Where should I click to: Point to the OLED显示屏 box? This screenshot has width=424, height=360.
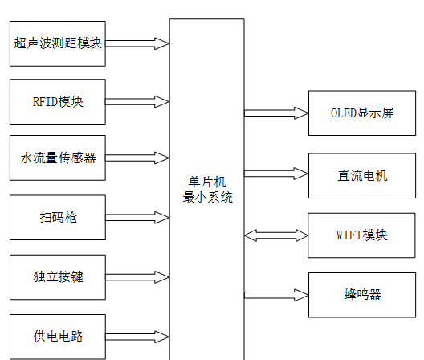click(x=361, y=113)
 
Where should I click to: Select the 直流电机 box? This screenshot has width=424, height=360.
click(x=361, y=174)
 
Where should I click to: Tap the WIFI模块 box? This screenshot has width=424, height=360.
click(x=361, y=235)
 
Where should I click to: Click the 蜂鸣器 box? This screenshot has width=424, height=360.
click(x=361, y=294)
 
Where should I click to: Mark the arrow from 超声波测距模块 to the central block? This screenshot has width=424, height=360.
click(x=137, y=43)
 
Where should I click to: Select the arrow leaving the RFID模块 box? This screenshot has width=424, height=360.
click(x=137, y=101)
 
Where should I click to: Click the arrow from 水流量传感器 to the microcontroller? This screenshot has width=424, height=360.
click(x=137, y=158)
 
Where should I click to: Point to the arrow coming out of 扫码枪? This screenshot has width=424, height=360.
click(x=137, y=217)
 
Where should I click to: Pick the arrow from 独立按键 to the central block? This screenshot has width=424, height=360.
click(x=137, y=277)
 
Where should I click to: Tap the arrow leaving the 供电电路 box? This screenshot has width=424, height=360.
click(x=137, y=336)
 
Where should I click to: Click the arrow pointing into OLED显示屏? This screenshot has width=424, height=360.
click(x=276, y=113)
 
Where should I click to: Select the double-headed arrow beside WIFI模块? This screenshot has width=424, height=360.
click(x=276, y=235)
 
